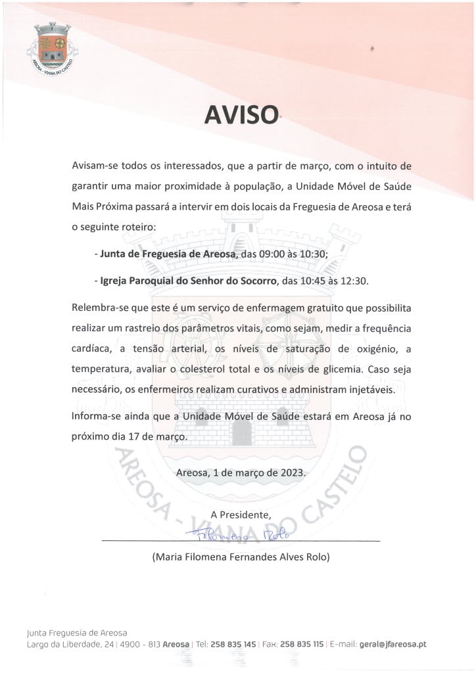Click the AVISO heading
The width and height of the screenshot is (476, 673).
[x=241, y=116]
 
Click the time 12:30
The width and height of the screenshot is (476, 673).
[x=354, y=281]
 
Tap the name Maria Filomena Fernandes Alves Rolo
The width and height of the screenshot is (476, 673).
[x=241, y=557]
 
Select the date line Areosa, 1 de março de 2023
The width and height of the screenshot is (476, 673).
[x=241, y=473]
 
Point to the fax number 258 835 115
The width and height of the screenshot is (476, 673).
[x=302, y=645]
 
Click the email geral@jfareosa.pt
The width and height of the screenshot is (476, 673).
[x=393, y=645]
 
